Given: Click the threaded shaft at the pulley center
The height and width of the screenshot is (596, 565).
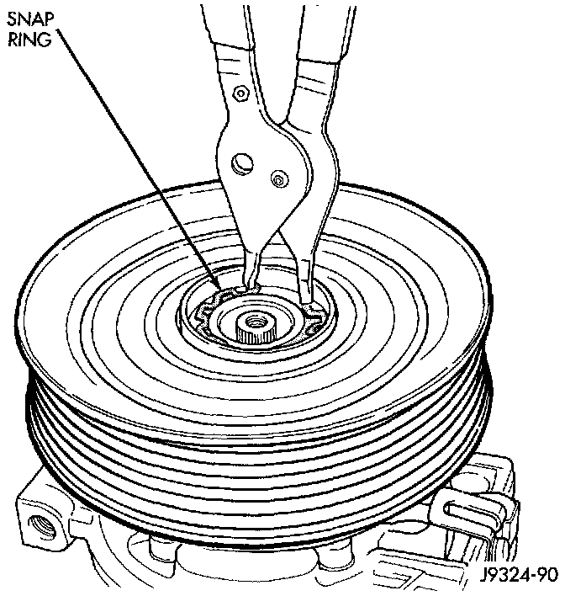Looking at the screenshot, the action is tap(251, 323).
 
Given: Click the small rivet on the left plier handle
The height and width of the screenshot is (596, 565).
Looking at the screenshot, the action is tap(241, 92).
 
